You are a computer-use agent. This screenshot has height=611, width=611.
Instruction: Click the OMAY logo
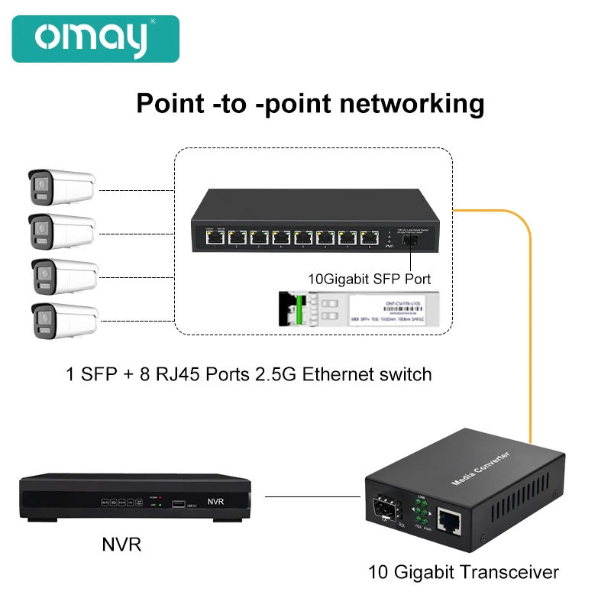click(x=95, y=39)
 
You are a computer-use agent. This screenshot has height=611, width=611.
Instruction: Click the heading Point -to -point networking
click(x=310, y=103)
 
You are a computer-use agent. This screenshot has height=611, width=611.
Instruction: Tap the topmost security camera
click(x=61, y=186)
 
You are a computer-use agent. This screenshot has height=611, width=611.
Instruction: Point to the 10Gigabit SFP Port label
click(x=370, y=280)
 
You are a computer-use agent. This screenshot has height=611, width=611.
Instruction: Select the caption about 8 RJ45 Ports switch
click(x=249, y=374)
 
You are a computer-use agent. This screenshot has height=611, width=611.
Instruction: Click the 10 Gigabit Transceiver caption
click(x=464, y=572)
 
